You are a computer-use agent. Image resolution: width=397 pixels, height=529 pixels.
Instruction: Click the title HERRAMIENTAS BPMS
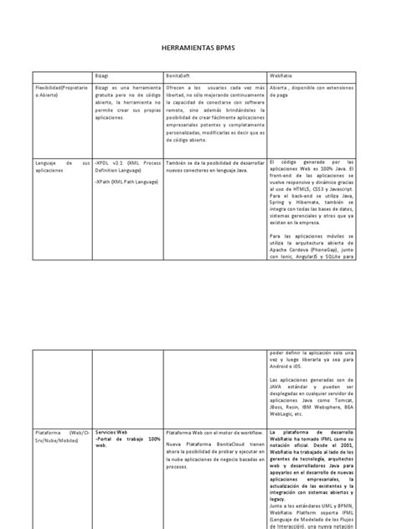(x=198, y=50)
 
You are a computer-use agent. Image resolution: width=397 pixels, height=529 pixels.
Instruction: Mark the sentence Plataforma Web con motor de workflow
(x=214, y=424)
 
